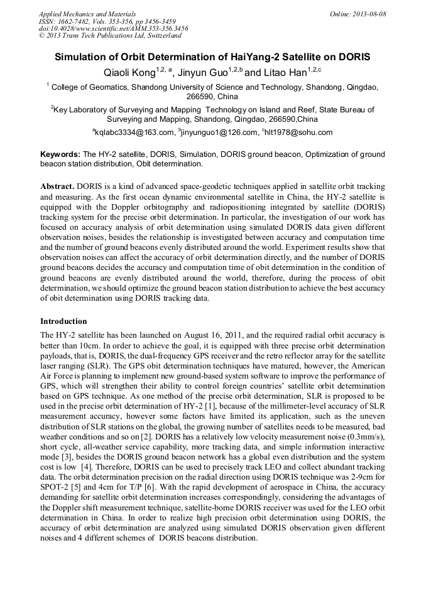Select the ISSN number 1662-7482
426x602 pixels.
[75, 21]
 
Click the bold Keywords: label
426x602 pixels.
[60, 154]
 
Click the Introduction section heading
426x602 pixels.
[63, 321]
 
